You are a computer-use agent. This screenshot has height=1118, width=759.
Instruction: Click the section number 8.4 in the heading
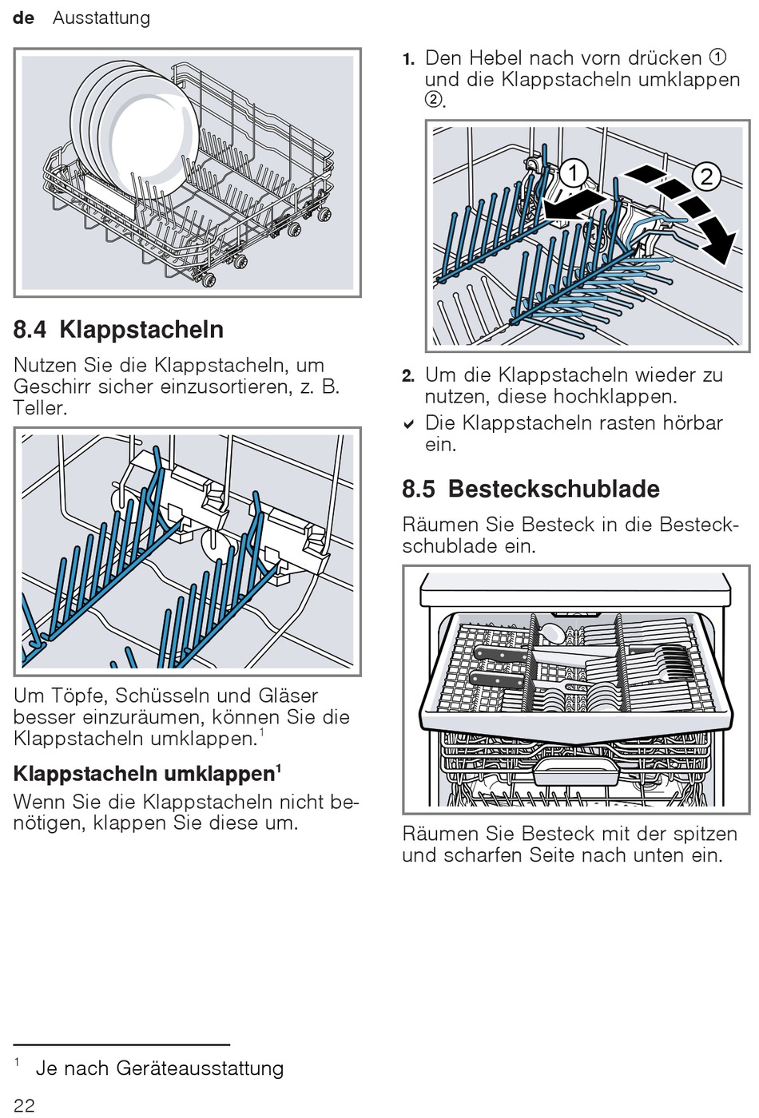[30, 330]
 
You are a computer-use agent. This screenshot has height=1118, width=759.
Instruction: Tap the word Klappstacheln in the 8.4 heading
[141, 330]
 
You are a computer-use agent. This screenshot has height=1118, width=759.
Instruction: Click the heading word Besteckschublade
[554, 489]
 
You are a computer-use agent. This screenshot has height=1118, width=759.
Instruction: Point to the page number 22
[24, 1104]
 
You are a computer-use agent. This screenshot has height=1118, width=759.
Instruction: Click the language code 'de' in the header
[24, 18]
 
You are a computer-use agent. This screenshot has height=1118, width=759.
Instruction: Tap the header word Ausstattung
[101, 18]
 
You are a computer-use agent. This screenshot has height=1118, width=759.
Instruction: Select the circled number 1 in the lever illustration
[573, 172]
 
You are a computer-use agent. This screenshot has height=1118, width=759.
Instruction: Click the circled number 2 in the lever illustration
[706, 176]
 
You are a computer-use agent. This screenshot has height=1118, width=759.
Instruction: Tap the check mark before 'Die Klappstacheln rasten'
[409, 424]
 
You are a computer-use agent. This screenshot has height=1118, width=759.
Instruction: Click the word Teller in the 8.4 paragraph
[37, 408]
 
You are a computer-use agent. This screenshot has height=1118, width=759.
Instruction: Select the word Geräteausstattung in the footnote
[200, 1068]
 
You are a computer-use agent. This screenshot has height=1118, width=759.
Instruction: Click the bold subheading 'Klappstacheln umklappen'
[145, 774]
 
